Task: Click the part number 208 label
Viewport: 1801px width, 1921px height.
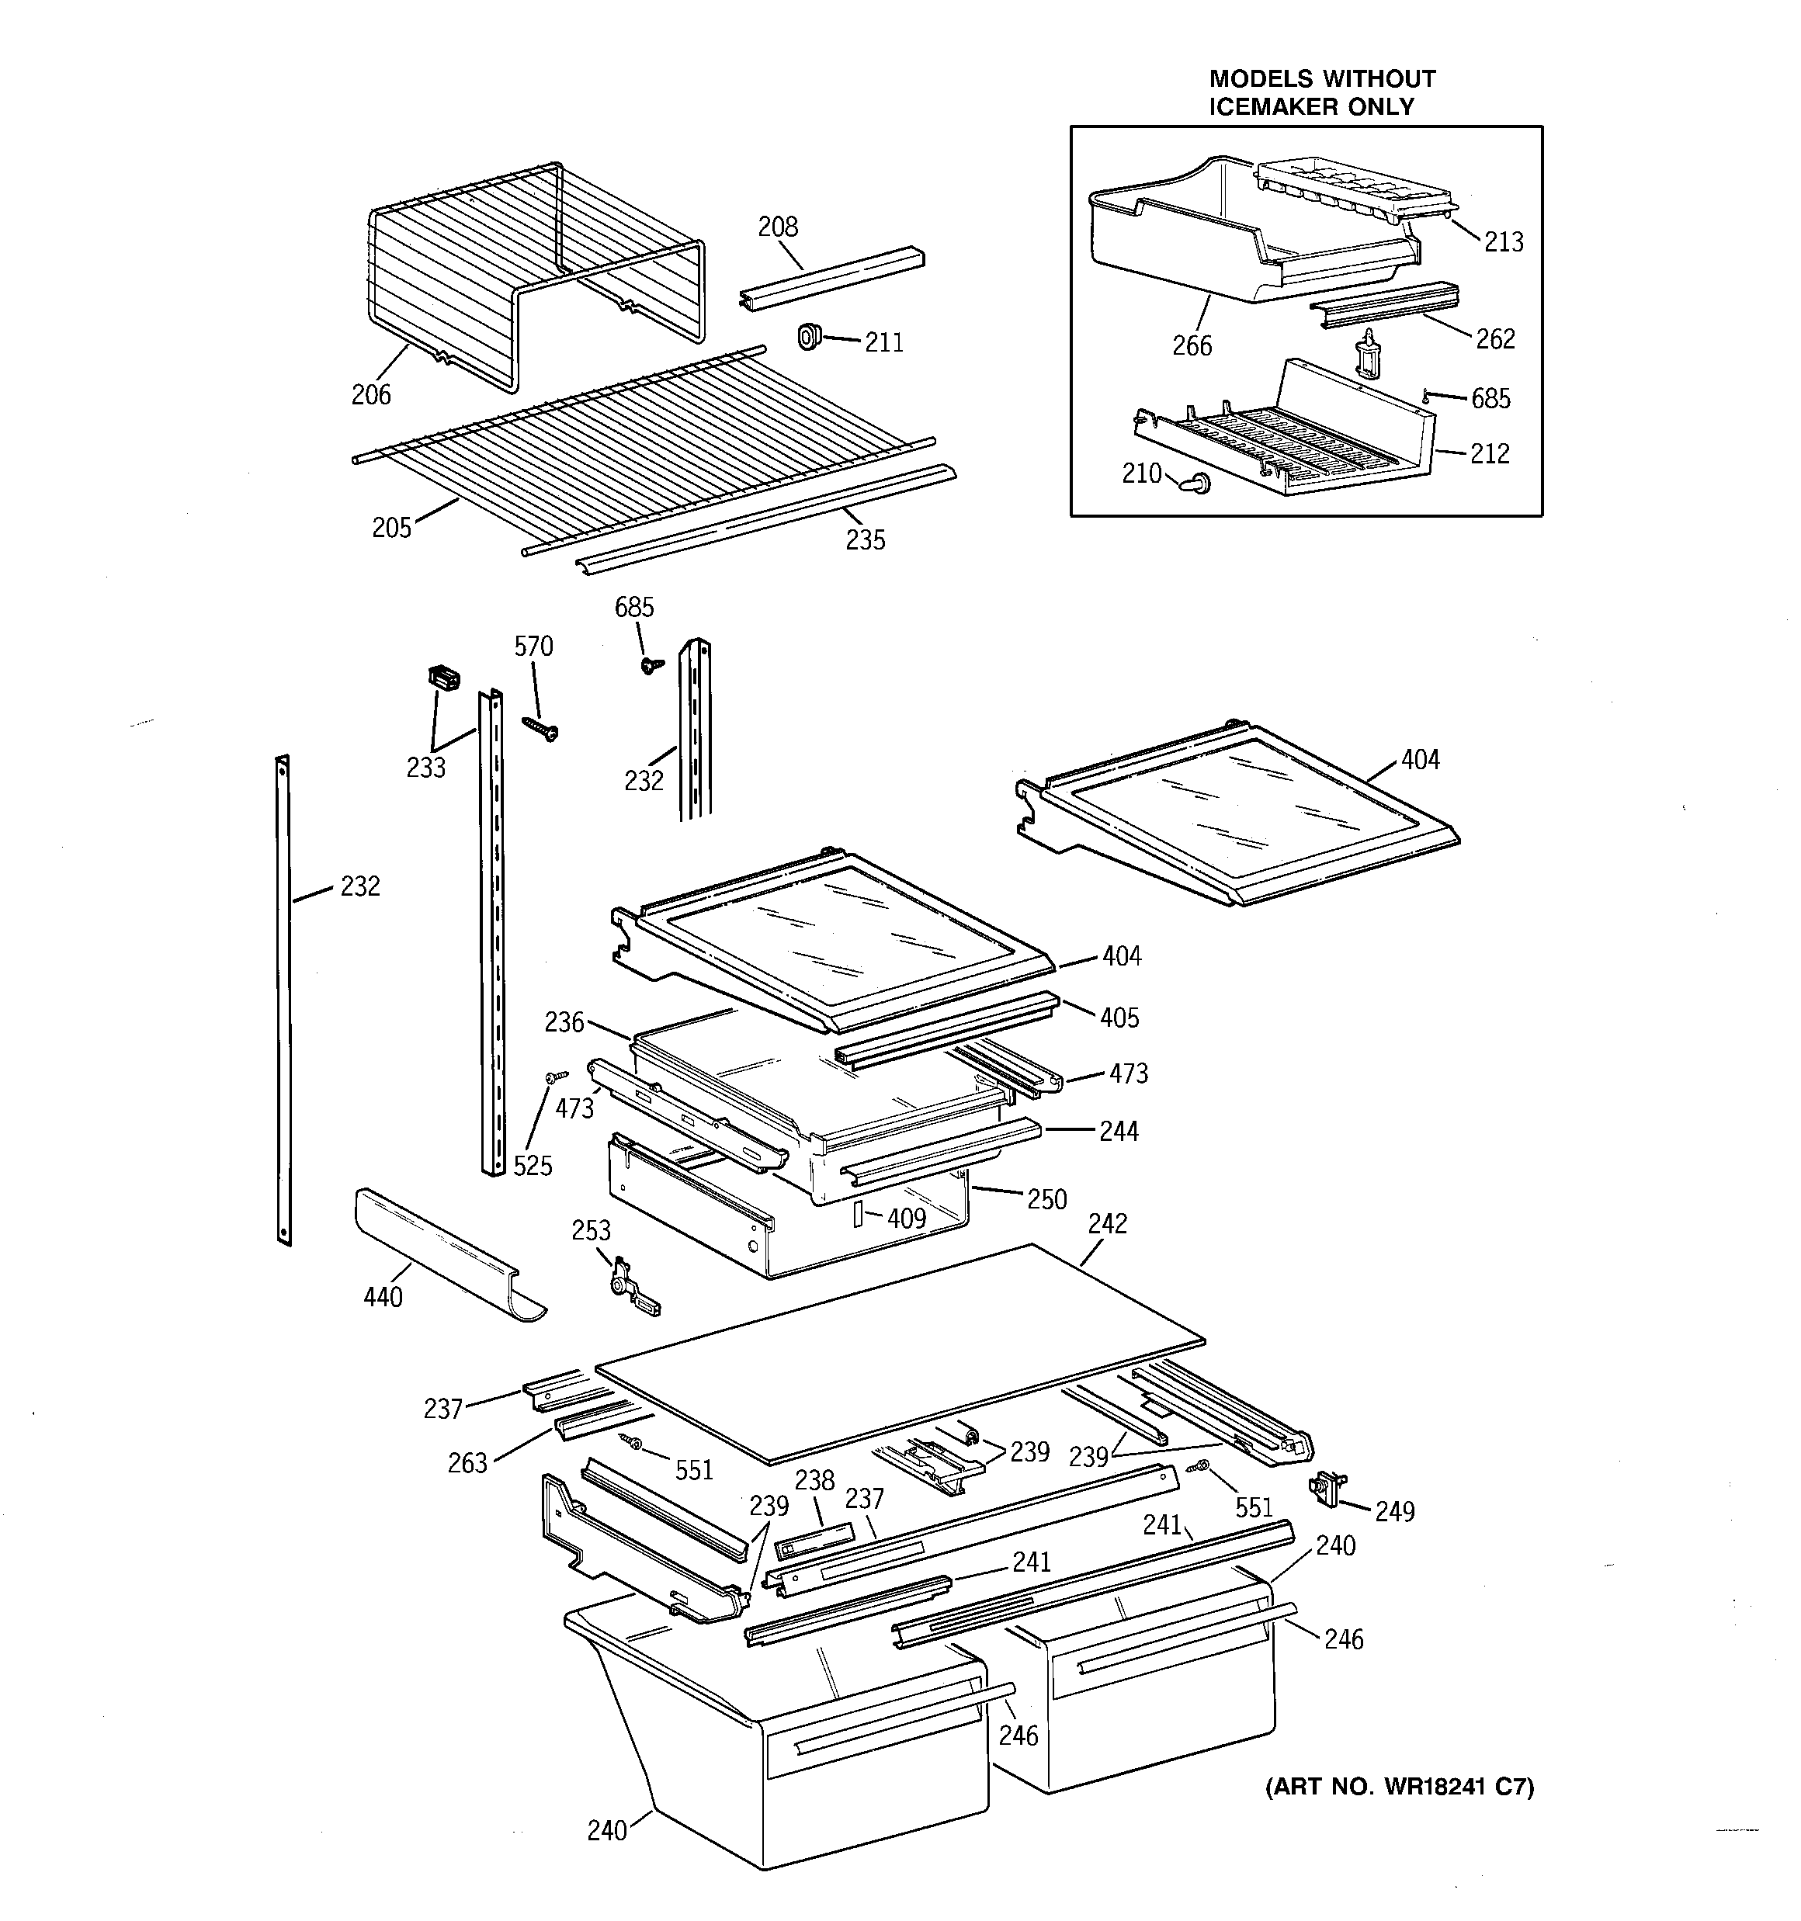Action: (x=777, y=227)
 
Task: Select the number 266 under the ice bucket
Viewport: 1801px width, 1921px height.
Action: (x=1191, y=346)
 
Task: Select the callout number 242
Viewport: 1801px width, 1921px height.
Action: (x=1107, y=1224)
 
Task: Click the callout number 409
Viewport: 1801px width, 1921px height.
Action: (x=906, y=1219)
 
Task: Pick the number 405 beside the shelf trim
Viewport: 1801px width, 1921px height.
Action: (x=1119, y=1018)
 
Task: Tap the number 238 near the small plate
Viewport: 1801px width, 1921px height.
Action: (x=814, y=1480)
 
